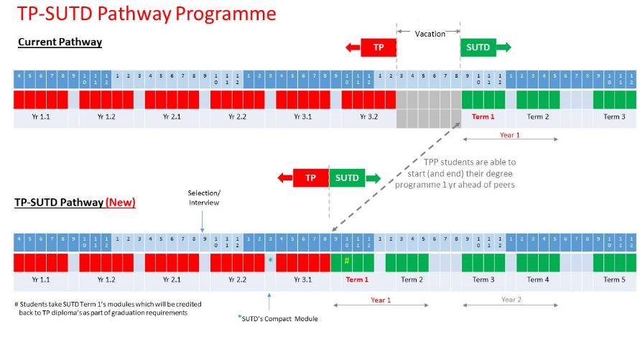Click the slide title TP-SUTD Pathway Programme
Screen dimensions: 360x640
tap(147, 14)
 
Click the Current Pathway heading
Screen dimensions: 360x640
tap(60, 42)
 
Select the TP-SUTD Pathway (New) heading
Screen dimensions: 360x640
tap(75, 203)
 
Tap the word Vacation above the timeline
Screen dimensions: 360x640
tap(430, 34)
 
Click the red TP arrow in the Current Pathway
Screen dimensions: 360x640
tap(371, 48)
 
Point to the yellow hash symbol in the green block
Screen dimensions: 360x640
tap(346, 260)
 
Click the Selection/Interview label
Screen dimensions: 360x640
tap(204, 198)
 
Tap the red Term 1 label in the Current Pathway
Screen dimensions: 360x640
tap(483, 116)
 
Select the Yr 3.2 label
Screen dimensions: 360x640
tap(368, 116)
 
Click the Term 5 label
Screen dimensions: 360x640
tap(614, 280)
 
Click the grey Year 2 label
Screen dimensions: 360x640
tap(511, 300)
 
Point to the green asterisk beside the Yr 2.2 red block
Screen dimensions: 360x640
tap(270, 260)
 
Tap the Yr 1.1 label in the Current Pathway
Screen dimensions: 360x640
tap(41, 116)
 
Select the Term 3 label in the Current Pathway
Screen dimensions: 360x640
tap(614, 116)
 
